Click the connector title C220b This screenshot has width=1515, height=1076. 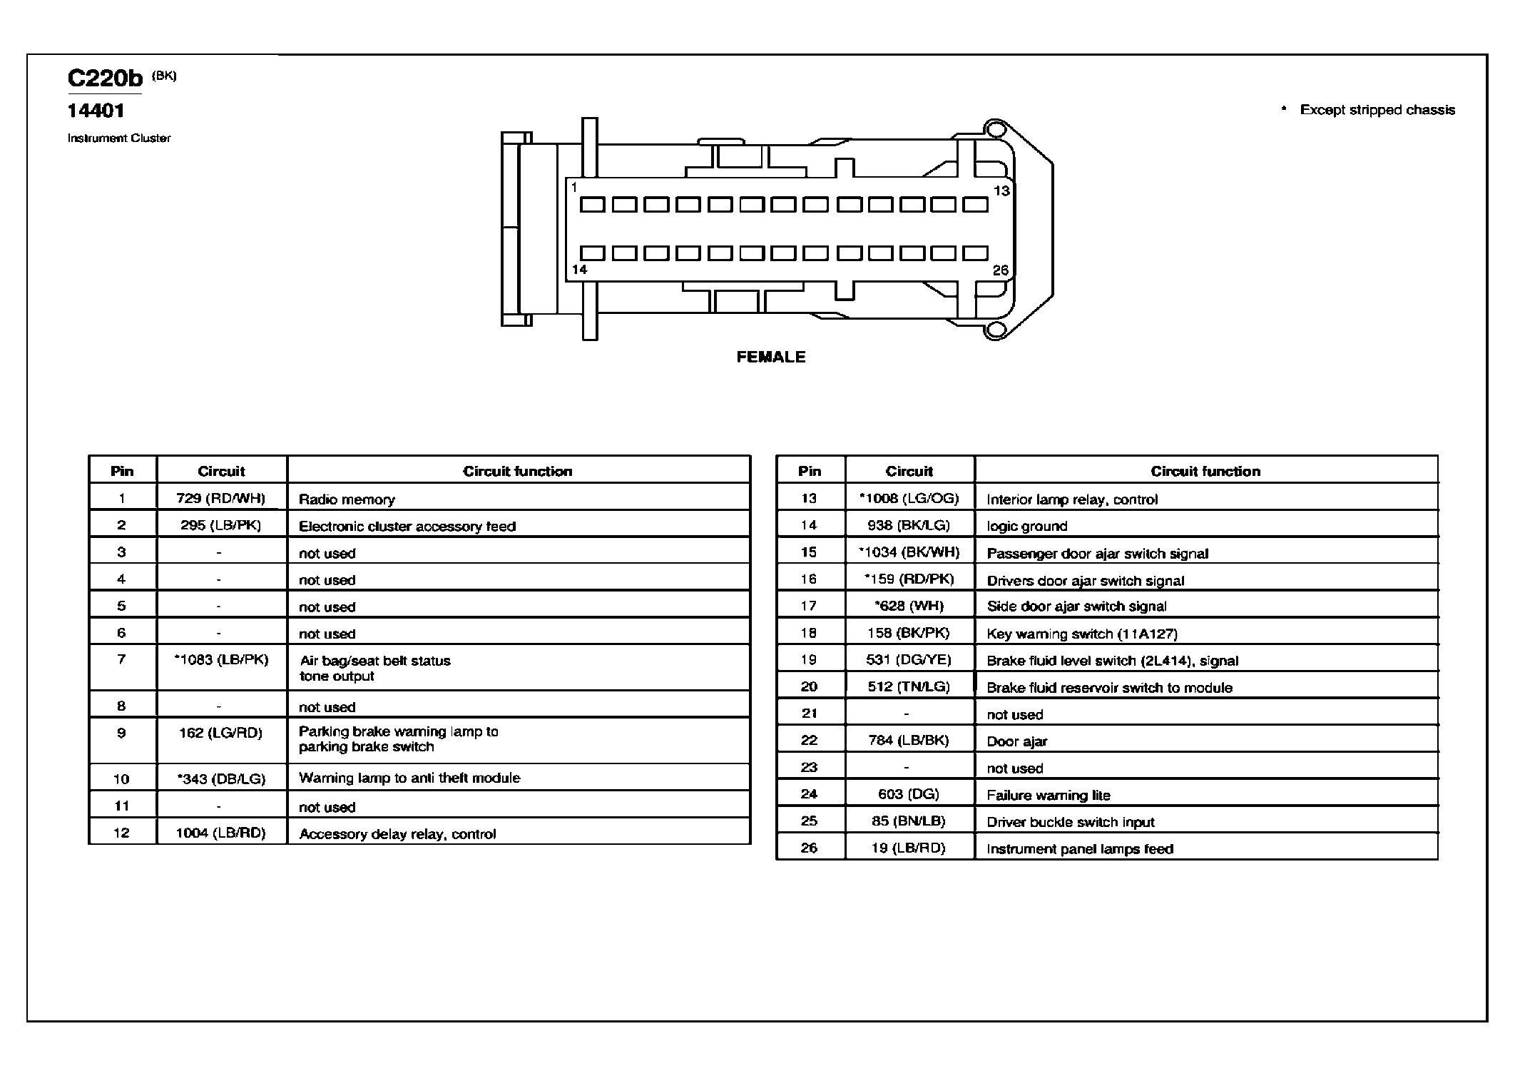(x=105, y=78)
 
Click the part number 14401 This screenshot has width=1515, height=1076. (x=96, y=111)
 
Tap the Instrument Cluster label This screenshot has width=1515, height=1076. (x=119, y=138)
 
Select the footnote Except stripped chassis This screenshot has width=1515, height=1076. (x=1377, y=110)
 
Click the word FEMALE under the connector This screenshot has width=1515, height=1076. (x=771, y=357)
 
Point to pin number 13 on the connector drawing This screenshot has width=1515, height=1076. (x=1001, y=191)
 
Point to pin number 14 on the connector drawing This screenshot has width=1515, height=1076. (x=579, y=270)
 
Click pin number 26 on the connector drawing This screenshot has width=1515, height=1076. (x=1001, y=270)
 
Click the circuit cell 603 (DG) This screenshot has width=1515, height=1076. (x=909, y=794)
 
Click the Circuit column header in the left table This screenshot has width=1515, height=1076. (x=221, y=472)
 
